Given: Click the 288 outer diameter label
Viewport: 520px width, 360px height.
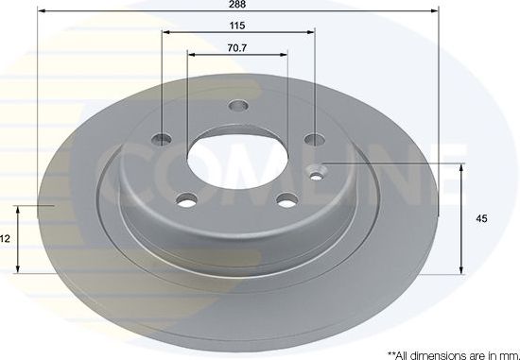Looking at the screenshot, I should pos(238,5).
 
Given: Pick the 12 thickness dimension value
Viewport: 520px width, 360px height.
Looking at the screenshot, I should pos(5,240).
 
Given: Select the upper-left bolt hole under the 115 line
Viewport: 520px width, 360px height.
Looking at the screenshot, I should pos(164,140).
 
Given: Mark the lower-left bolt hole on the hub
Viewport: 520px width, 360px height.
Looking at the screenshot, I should pos(187,199).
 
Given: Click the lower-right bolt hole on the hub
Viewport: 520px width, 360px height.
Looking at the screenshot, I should pos(286,200).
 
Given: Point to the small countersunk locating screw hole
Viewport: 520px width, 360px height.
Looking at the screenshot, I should pos(319,171).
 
